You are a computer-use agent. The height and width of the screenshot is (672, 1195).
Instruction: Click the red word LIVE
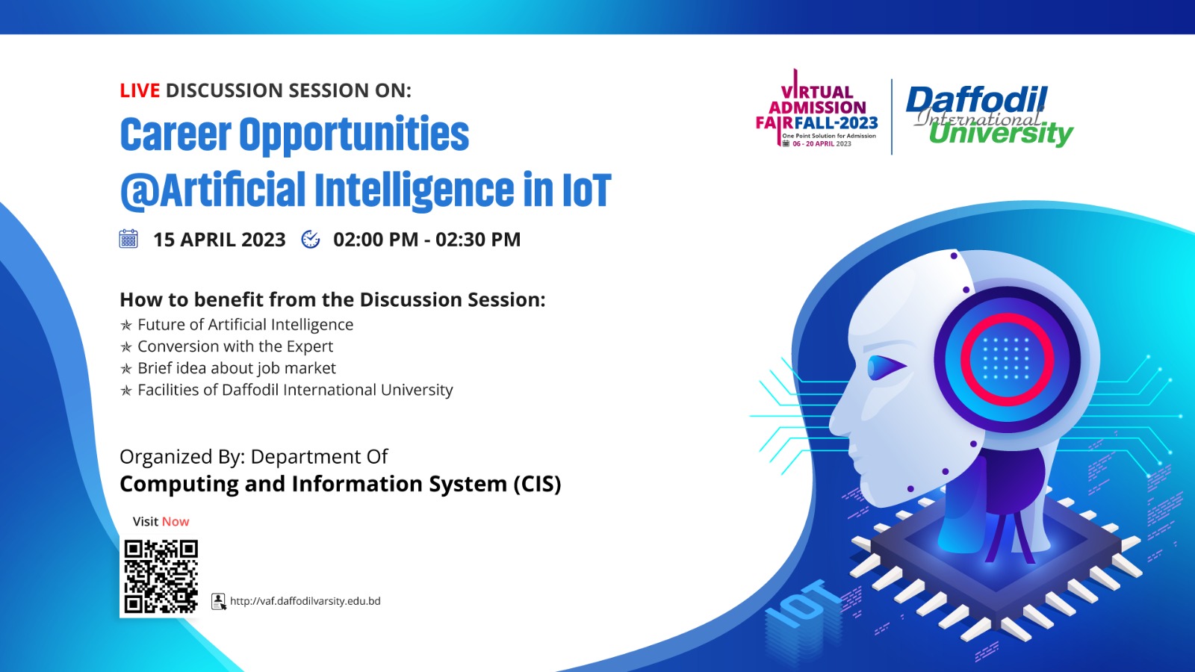(x=140, y=91)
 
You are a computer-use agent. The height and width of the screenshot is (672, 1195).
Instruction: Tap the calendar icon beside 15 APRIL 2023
(x=128, y=239)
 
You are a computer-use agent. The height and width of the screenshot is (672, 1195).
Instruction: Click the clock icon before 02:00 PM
(x=311, y=239)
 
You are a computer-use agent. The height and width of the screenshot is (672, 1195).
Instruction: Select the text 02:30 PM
(x=478, y=240)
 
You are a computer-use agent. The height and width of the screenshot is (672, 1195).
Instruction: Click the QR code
(x=161, y=576)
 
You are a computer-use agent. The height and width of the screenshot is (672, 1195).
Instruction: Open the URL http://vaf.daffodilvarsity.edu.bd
(x=305, y=601)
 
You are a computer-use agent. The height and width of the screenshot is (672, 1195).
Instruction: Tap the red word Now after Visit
(x=176, y=522)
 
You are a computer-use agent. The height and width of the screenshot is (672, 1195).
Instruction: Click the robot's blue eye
(x=886, y=367)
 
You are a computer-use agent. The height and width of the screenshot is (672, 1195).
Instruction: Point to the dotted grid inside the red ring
(x=1005, y=358)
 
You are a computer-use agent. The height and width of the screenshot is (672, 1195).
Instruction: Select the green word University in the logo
(x=1001, y=134)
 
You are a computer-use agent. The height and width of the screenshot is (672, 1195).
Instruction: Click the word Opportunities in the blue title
(x=354, y=135)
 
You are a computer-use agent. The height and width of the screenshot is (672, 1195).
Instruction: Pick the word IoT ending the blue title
(x=586, y=190)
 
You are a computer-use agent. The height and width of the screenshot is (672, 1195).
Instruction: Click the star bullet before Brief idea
(x=126, y=369)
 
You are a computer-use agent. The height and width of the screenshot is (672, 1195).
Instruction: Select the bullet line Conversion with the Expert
(x=235, y=346)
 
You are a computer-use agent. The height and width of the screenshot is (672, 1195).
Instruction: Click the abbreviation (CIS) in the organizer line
(x=536, y=484)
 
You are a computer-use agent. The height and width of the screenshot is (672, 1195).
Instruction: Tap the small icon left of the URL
(x=219, y=602)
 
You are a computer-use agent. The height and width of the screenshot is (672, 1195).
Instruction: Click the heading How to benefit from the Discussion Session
(x=332, y=299)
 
